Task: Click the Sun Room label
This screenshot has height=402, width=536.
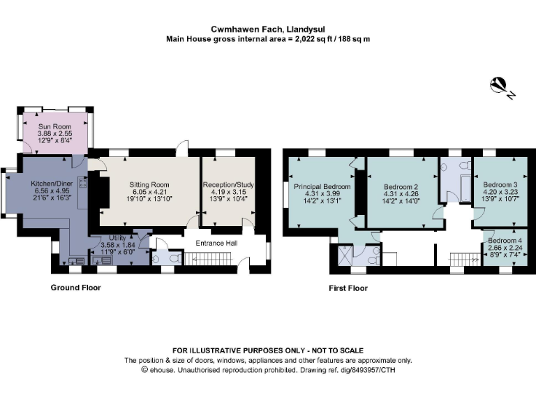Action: tap(54, 126)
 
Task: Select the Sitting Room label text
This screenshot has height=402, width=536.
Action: tap(149, 184)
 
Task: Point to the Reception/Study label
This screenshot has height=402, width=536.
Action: tap(229, 184)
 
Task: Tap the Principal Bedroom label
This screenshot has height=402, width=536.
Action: tap(322, 187)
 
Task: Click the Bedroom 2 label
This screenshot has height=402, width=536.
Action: tap(401, 187)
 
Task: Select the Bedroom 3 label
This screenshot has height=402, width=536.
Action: tap(499, 185)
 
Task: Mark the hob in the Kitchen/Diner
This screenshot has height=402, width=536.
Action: tap(83, 184)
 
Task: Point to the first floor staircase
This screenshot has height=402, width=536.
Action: tap(463, 258)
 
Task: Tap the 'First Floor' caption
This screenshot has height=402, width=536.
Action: tap(348, 288)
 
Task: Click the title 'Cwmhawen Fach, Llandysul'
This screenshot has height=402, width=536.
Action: tap(267, 29)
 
